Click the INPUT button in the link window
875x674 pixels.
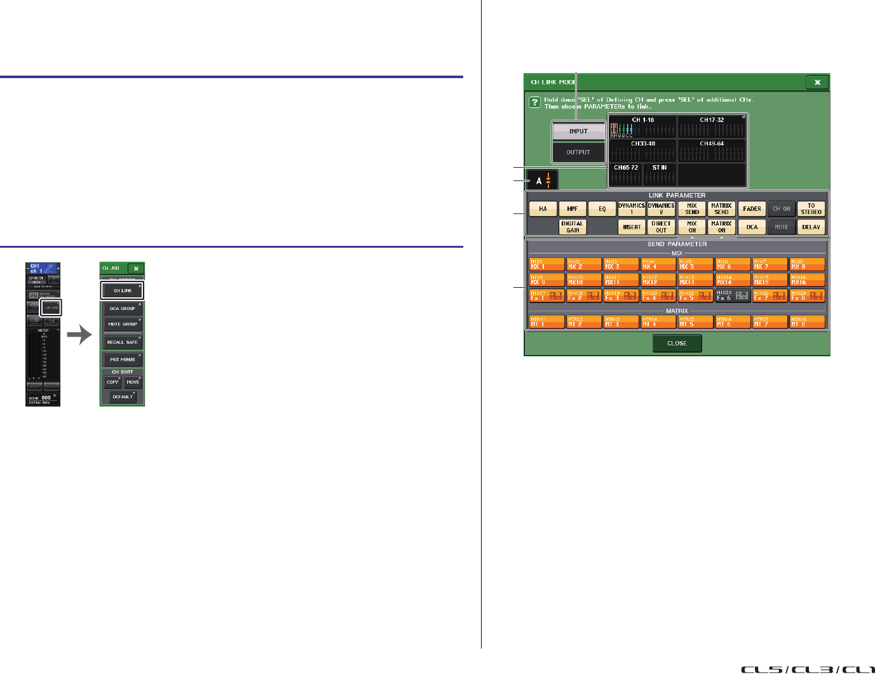578,131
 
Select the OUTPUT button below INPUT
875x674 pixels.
578,152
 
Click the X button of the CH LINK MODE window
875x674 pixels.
817,82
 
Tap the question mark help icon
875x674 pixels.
535,102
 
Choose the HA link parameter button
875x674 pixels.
543,209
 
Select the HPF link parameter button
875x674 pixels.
572,209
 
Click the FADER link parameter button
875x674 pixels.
752,209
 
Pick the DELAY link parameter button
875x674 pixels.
811,227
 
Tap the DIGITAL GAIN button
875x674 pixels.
573,227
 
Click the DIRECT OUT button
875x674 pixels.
661,227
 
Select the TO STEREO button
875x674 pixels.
811,209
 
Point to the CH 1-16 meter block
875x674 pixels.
642,128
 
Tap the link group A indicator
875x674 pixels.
543,181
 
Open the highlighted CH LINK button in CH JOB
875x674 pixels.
123,290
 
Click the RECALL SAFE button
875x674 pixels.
123,342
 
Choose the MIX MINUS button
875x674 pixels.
123,360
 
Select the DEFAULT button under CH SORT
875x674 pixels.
123,397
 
